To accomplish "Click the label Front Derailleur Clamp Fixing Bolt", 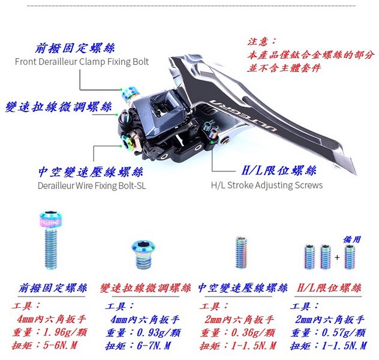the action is [82, 62].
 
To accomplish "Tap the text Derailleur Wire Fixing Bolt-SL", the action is [92, 185].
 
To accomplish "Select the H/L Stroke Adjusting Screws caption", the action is [267, 185].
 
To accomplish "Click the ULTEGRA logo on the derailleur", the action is [243, 116].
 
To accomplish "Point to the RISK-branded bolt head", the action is [50, 220].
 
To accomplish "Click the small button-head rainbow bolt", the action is [143, 254].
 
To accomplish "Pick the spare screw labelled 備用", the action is [350, 257].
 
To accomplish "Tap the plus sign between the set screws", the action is [337, 257].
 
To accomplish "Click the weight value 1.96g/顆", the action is [65, 332].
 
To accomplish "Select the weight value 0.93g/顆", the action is [158, 332].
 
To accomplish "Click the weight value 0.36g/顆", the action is [253, 332].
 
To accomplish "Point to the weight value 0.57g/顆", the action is [344, 332].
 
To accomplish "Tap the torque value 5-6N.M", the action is [60, 345].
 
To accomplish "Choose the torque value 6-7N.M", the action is [154, 346].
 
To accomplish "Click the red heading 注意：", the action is [262, 41].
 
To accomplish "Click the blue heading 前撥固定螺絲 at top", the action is [75, 48].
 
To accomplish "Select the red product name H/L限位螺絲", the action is [329, 288].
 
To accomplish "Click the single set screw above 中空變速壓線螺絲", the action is [242, 253].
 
